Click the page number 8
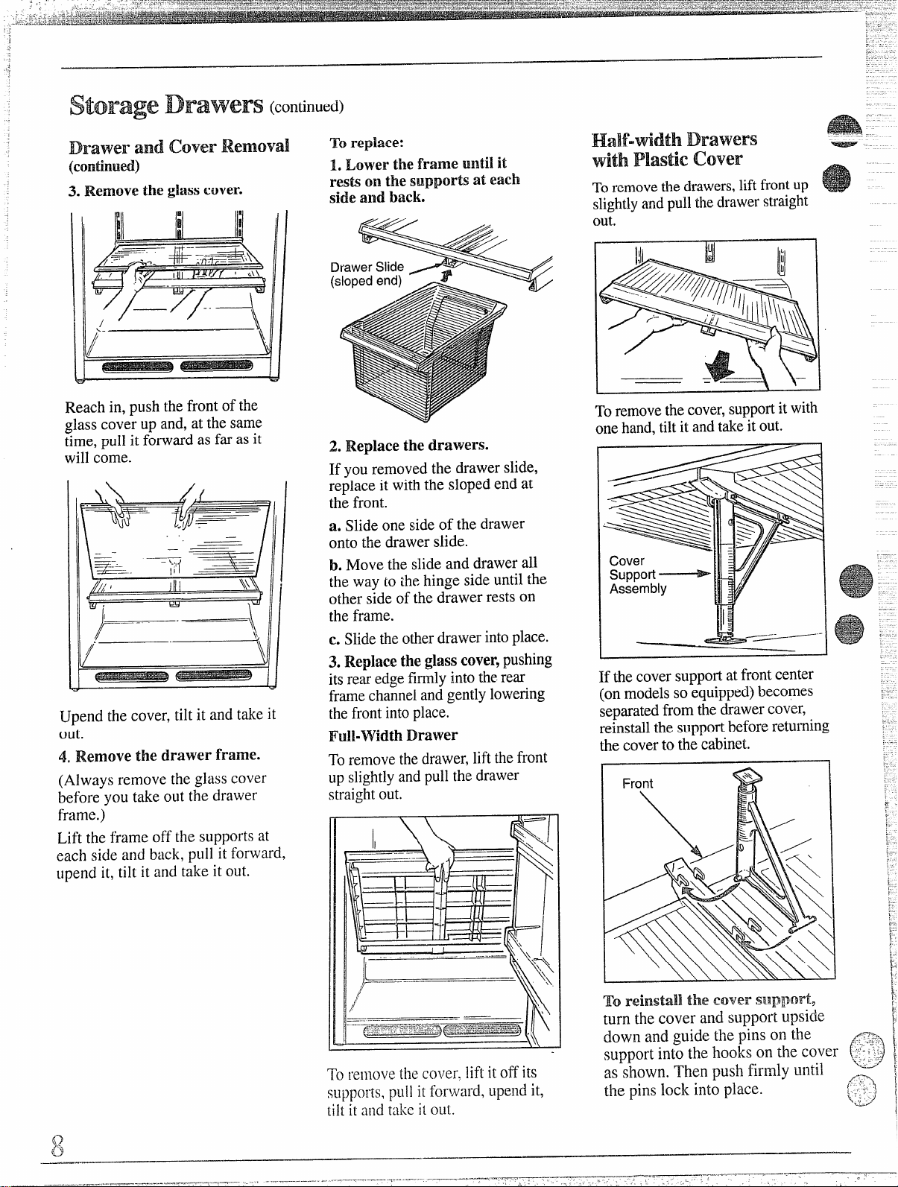click(x=57, y=1145)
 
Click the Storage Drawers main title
click(x=166, y=104)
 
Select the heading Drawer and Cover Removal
click(x=179, y=147)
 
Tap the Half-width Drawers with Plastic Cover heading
click(x=674, y=149)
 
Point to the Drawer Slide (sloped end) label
click(x=367, y=273)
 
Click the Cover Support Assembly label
click(x=637, y=574)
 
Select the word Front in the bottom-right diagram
click(x=637, y=783)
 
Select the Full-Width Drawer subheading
click(x=393, y=735)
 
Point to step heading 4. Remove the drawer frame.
click(x=159, y=756)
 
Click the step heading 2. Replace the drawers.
click(x=408, y=446)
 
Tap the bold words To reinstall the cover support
click(x=709, y=1001)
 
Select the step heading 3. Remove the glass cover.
click(x=156, y=190)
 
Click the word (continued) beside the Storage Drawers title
click(x=306, y=106)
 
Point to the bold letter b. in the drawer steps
click(x=335, y=565)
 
